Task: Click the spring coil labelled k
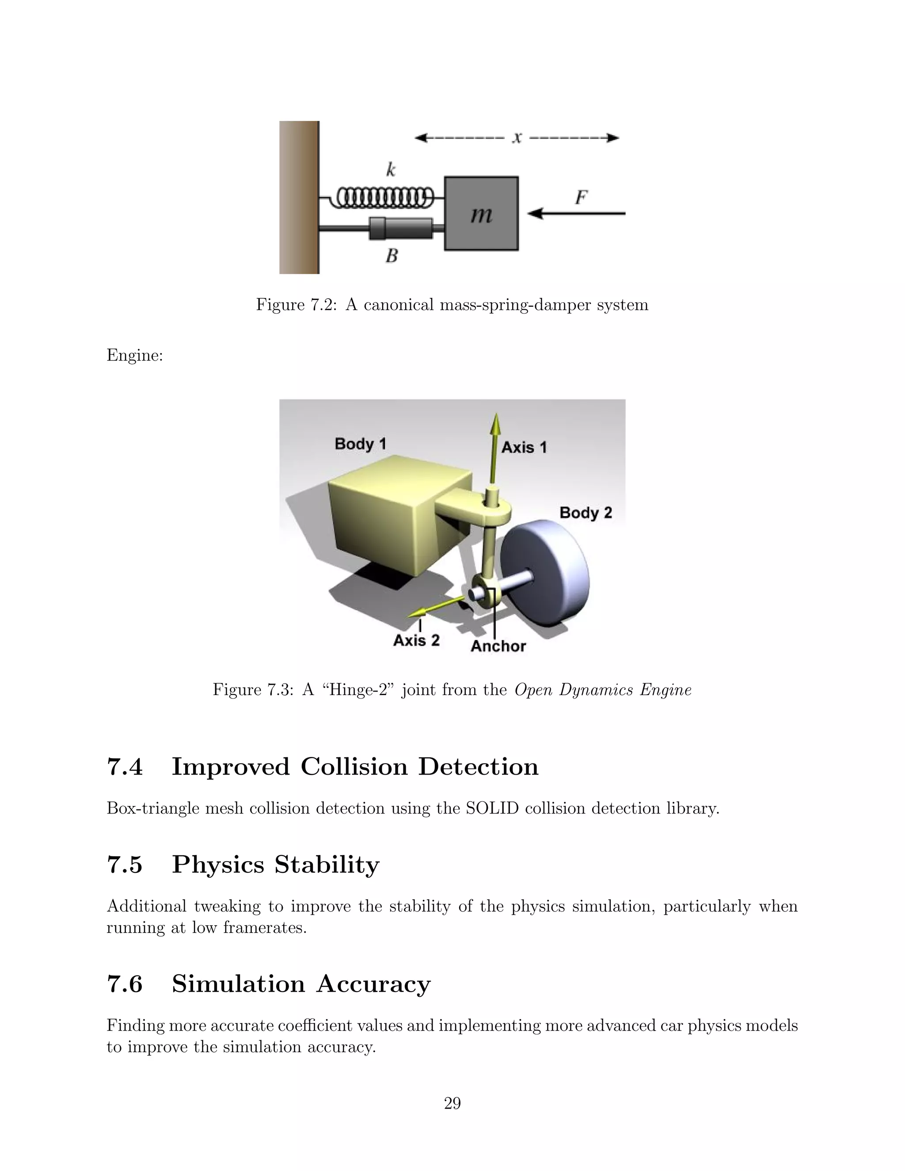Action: tap(385, 198)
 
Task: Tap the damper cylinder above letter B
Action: tap(401, 228)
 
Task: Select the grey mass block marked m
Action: tap(481, 213)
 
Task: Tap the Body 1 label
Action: tap(360, 444)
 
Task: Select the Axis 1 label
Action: tap(524, 447)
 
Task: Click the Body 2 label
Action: tap(586, 513)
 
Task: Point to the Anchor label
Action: tap(498, 646)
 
